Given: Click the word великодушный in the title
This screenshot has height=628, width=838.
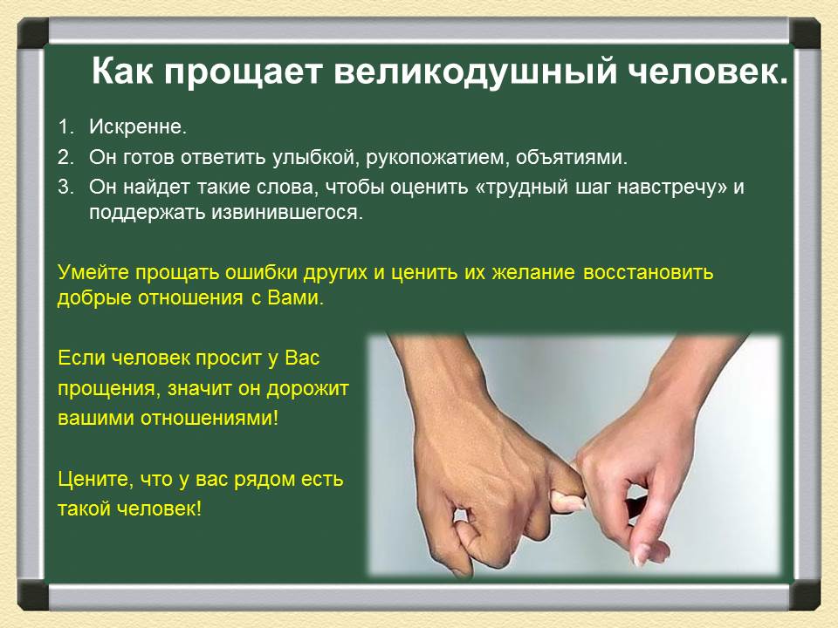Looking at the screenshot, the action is click(x=476, y=72).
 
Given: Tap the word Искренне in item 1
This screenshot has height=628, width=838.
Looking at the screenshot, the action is click(x=138, y=126).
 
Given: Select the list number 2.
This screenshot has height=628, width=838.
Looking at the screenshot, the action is click(x=65, y=157).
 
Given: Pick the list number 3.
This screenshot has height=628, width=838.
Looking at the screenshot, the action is click(x=65, y=187).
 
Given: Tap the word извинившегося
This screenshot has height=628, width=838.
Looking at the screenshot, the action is click(x=287, y=213).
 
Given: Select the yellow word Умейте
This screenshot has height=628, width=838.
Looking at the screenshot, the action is click(x=93, y=272).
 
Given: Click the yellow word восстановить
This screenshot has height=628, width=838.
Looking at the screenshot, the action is click(x=649, y=272).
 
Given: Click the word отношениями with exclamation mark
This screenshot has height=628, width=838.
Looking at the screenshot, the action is click(x=209, y=418).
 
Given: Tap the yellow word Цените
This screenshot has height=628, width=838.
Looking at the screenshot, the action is click(x=95, y=479).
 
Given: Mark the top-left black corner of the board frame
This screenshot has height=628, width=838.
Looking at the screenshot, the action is click(x=33, y=33).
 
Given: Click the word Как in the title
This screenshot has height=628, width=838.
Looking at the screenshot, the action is click(x=123, y=72).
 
